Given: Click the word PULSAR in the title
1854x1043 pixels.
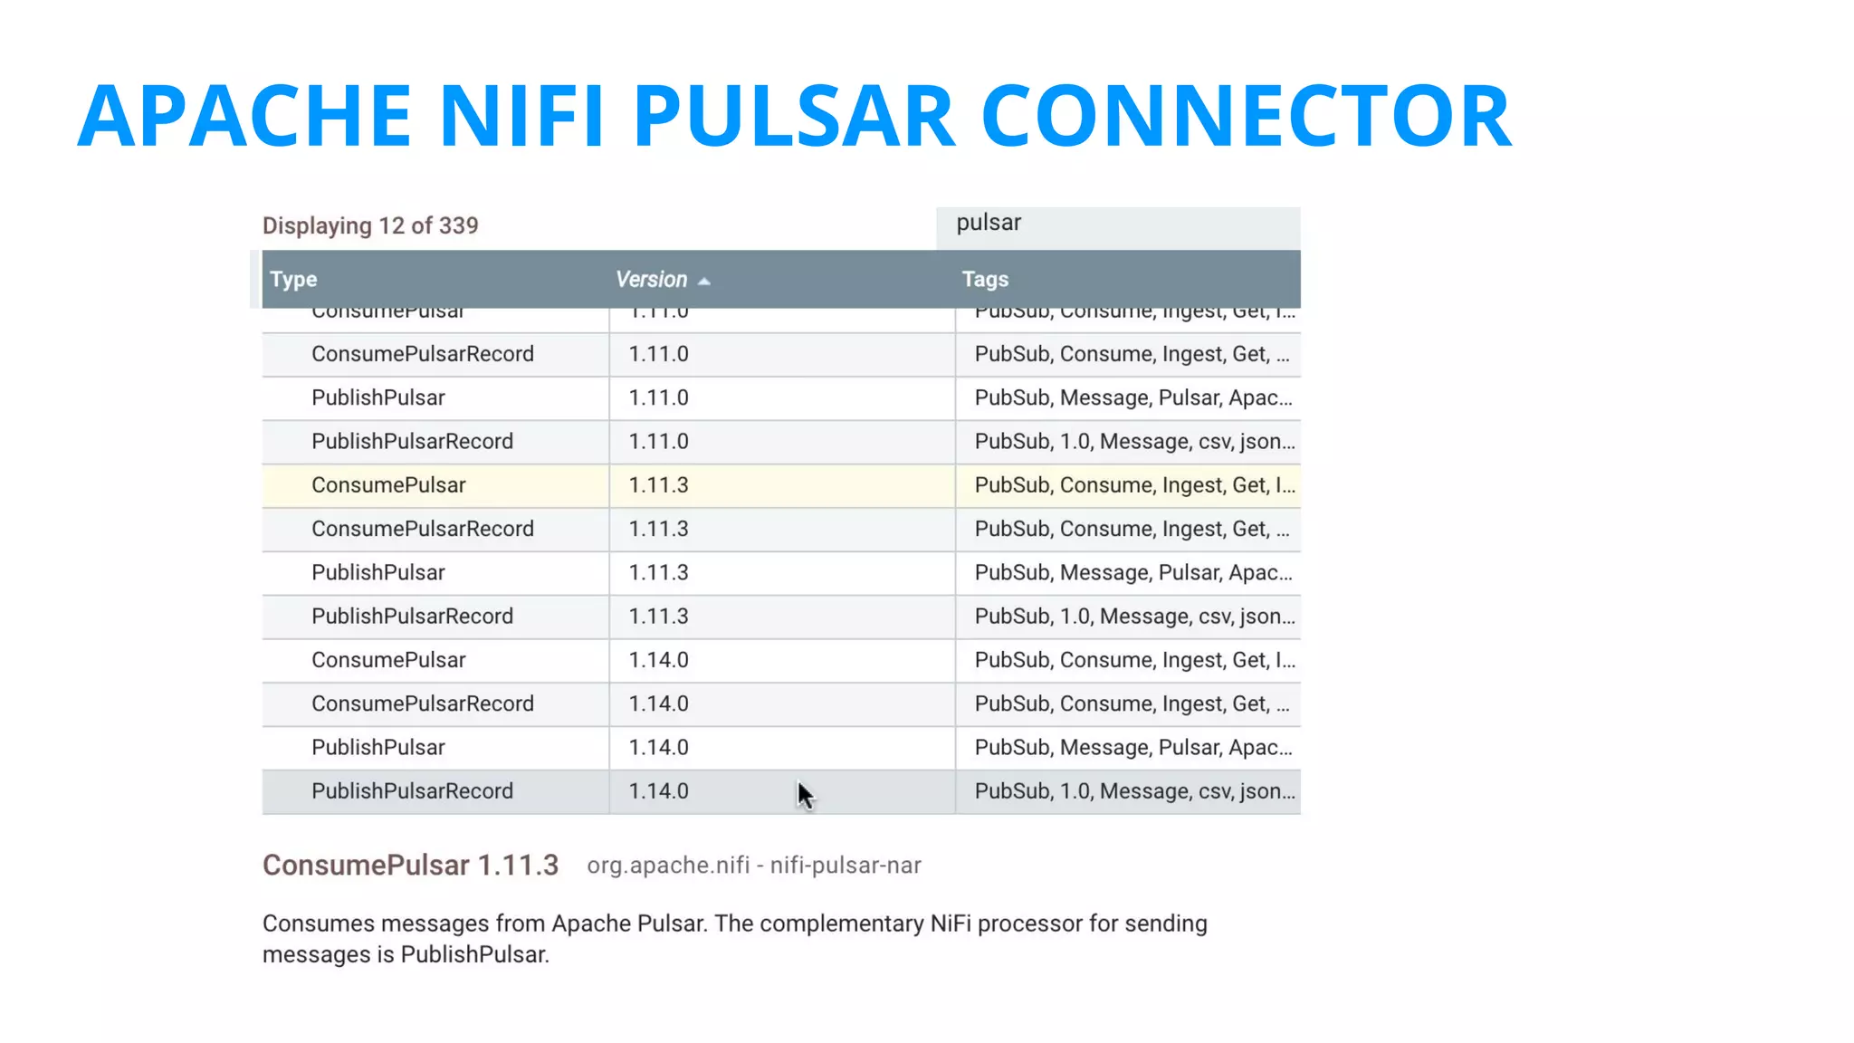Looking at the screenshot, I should coord(793,115).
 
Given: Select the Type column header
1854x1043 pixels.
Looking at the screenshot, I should coord(293,280).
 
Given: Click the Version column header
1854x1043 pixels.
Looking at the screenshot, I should coord(651,280).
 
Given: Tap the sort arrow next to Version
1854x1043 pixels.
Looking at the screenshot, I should coord(704,282).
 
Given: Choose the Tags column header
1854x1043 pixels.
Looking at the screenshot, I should coord(985,280).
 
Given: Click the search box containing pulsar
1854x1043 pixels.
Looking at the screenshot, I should coord(1118,224).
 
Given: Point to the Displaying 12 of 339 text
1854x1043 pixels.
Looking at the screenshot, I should coord(370,225).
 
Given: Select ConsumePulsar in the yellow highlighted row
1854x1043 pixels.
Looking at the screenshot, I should coord(388,485).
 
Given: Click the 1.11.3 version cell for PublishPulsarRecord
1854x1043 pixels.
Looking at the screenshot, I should coord(659,617).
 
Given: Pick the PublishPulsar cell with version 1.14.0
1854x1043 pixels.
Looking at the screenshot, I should coord(378,748).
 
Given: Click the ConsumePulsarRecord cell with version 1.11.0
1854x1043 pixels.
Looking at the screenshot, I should coord(423,354).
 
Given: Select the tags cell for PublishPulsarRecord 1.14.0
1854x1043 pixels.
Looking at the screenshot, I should coord(1133,791).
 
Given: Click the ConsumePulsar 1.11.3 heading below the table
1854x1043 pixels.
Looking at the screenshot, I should coord(410,866).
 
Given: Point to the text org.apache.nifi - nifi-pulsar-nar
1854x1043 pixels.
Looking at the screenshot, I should coord(754,866).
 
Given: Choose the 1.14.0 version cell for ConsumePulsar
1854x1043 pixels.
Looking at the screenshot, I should coord(659,660).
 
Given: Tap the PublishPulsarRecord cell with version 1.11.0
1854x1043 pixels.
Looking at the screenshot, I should coord(412,442).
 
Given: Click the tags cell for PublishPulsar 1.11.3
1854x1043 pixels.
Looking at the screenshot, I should coord(1132,573).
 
